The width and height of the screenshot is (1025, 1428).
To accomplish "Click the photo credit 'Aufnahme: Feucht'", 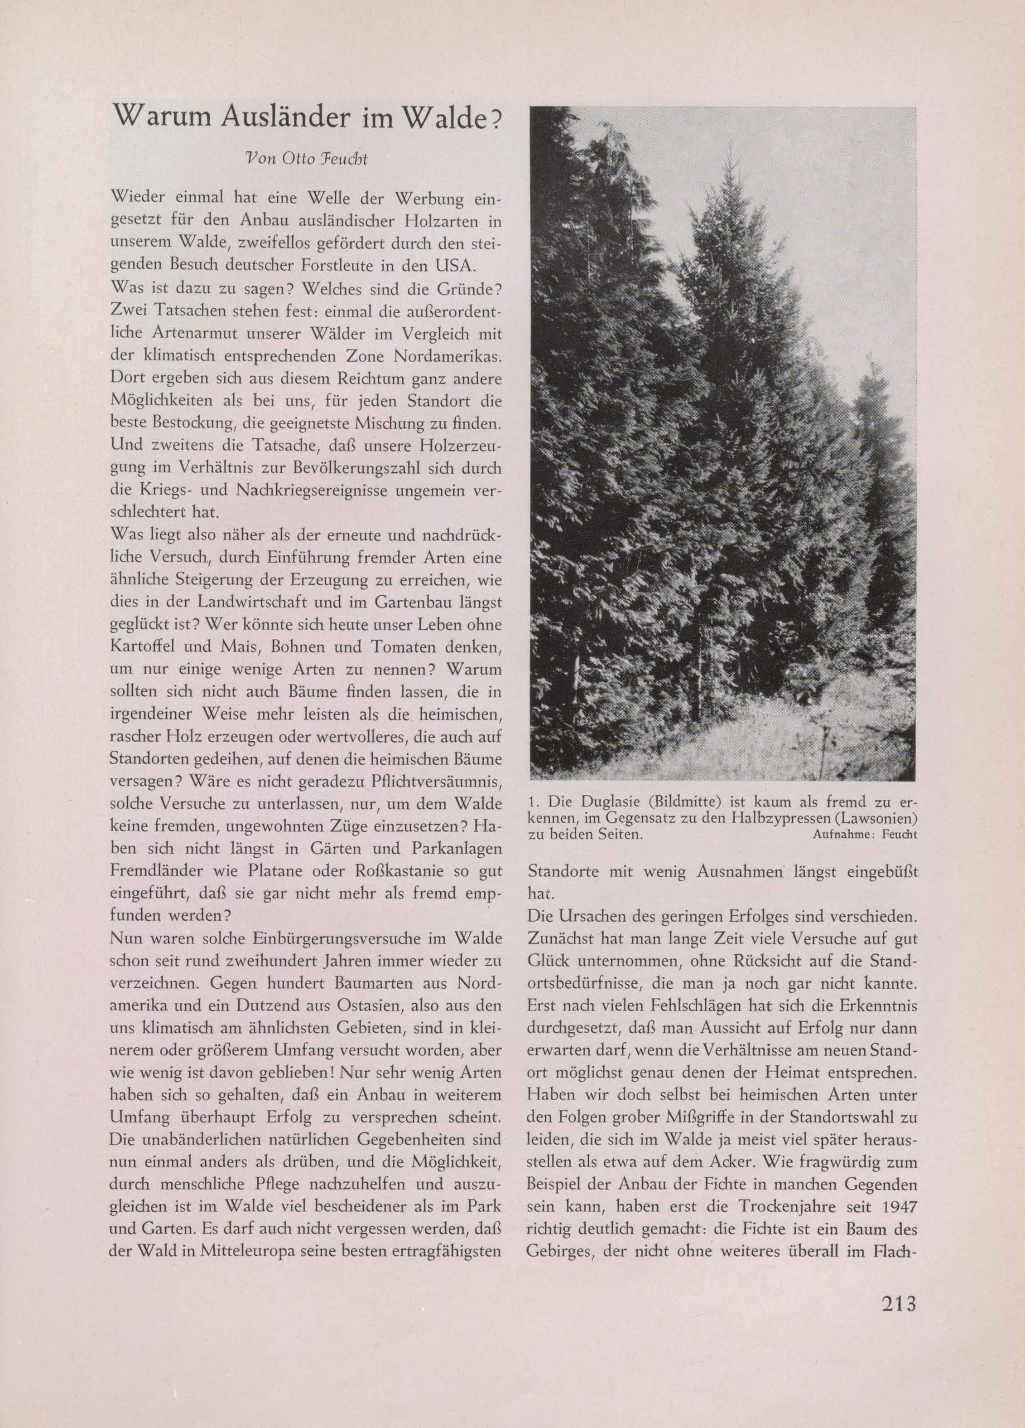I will click(865, 835).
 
